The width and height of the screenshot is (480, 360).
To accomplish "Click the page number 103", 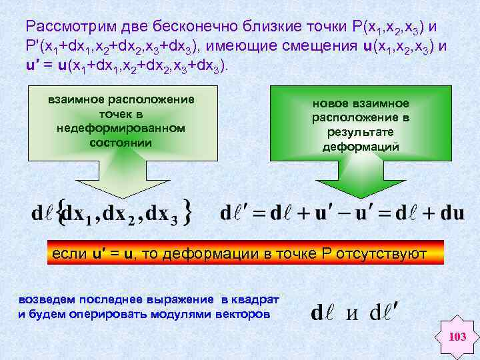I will tap(457, 337).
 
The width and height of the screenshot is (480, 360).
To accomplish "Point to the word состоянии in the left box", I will tap(121, 142).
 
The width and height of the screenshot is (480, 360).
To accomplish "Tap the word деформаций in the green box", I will tap(361, 147).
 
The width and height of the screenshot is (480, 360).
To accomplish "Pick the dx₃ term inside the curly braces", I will tap(161, 214).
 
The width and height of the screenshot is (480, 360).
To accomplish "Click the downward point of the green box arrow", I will tap(361, 197).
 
